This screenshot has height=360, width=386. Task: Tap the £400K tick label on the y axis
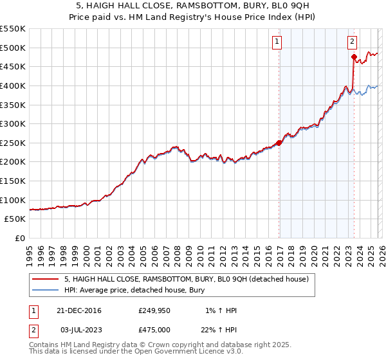pos(13,85)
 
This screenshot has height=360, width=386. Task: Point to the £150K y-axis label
pos(13,181)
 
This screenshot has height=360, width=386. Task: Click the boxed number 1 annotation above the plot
pos(277,42)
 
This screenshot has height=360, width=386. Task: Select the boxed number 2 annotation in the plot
pos(353,42)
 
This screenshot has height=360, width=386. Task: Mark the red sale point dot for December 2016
pos(279,143)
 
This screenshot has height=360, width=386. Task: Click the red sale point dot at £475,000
pos(354,57)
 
